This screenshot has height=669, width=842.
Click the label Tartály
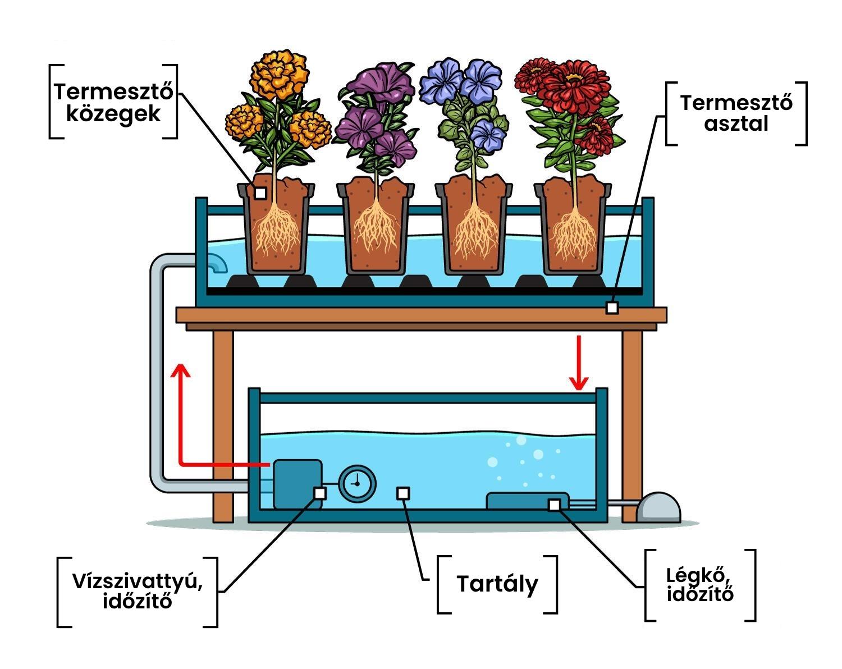497,585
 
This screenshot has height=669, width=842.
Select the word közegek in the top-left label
113,114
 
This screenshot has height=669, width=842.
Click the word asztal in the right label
736,124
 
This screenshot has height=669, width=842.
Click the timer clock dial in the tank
357,484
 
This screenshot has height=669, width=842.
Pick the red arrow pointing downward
579,363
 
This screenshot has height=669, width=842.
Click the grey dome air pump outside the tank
658,507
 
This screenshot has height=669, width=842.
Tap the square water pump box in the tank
298,484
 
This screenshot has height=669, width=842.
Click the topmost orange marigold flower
278,74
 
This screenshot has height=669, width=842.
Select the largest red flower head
574,87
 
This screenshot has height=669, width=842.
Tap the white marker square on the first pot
260,193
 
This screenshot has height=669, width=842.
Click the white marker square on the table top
612,308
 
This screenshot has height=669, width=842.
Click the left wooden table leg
223,427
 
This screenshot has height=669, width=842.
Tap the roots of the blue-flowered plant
476,231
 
